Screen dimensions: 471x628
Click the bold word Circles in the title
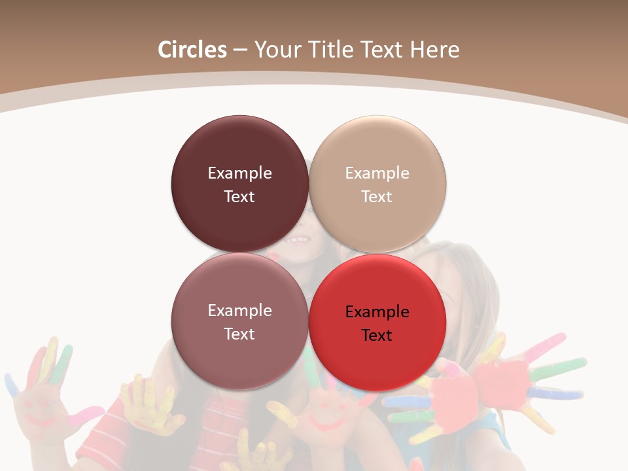[192, 50]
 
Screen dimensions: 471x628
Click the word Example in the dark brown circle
[239, 173]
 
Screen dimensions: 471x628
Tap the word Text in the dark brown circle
[239, 197]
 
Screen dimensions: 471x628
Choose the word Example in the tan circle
[377, 173]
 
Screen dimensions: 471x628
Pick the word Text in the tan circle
[377, 197]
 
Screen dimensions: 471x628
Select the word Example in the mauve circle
[239, 311]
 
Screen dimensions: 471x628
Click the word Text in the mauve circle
[239, 334]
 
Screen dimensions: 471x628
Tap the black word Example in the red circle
[377, 312]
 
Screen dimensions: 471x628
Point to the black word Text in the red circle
[377, 336]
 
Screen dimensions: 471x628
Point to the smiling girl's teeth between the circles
[298, 240]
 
